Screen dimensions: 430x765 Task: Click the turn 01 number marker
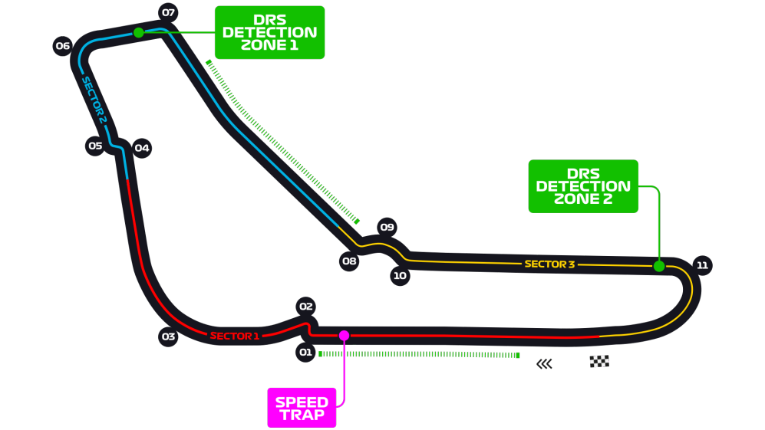coord(305,353)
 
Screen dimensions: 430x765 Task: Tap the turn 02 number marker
coord(305,307)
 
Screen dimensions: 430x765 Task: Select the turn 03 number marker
coord(168,336)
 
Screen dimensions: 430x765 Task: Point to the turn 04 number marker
coord(142,148)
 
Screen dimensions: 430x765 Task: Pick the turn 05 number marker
coord(95,146)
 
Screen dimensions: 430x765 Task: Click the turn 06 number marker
coord(62,46)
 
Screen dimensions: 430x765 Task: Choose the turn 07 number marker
coord(168,12)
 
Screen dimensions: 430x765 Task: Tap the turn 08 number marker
coord(349,261)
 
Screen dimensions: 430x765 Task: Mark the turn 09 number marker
coord(387,227)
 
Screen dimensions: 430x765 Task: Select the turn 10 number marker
coord(400,276)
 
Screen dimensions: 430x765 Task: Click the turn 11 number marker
coord(701,265)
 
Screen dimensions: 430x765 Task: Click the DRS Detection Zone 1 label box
coord(269,32)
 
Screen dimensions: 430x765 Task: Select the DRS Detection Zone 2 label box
coord(583,186)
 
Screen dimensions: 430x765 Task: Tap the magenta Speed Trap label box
coord(302,409)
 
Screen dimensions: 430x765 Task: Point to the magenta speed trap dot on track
coord(344,335)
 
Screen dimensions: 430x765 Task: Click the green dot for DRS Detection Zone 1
coord(139,32)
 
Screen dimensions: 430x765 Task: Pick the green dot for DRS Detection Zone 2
coord(658,266)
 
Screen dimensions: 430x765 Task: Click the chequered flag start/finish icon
coord(599,362)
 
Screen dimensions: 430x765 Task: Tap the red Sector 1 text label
coord(235,336)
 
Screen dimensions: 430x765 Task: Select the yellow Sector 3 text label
coord(549,264)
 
